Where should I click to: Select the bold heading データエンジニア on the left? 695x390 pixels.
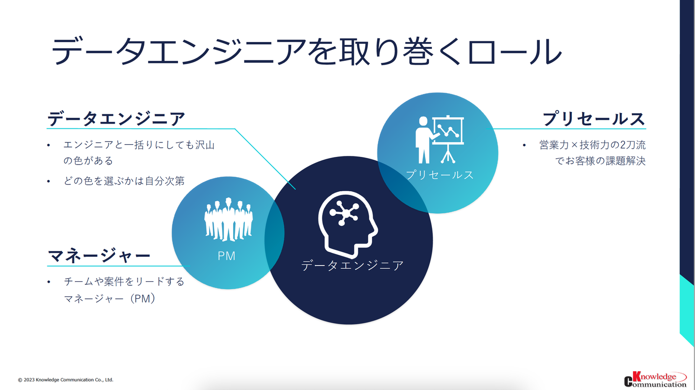116,119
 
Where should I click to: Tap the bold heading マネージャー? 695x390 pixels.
99,255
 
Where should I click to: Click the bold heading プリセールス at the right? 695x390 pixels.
594,119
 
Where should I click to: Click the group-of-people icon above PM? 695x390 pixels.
228,220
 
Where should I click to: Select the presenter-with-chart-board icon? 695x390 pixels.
439,139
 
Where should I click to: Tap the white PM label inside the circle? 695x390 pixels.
226,256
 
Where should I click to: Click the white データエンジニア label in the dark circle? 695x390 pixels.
352,265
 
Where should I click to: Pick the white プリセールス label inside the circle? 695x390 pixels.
439,175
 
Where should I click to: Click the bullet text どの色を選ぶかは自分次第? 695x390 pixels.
124,181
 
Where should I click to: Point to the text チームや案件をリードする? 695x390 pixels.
124,281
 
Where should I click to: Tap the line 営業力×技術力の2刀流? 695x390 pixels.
592,145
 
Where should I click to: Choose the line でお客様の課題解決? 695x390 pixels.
600,161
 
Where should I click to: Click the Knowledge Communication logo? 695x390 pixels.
655,379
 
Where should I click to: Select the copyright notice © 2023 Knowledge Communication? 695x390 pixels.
66,380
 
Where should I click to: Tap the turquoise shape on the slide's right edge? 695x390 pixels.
687,309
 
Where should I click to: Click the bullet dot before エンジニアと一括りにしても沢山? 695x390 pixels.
48,145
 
